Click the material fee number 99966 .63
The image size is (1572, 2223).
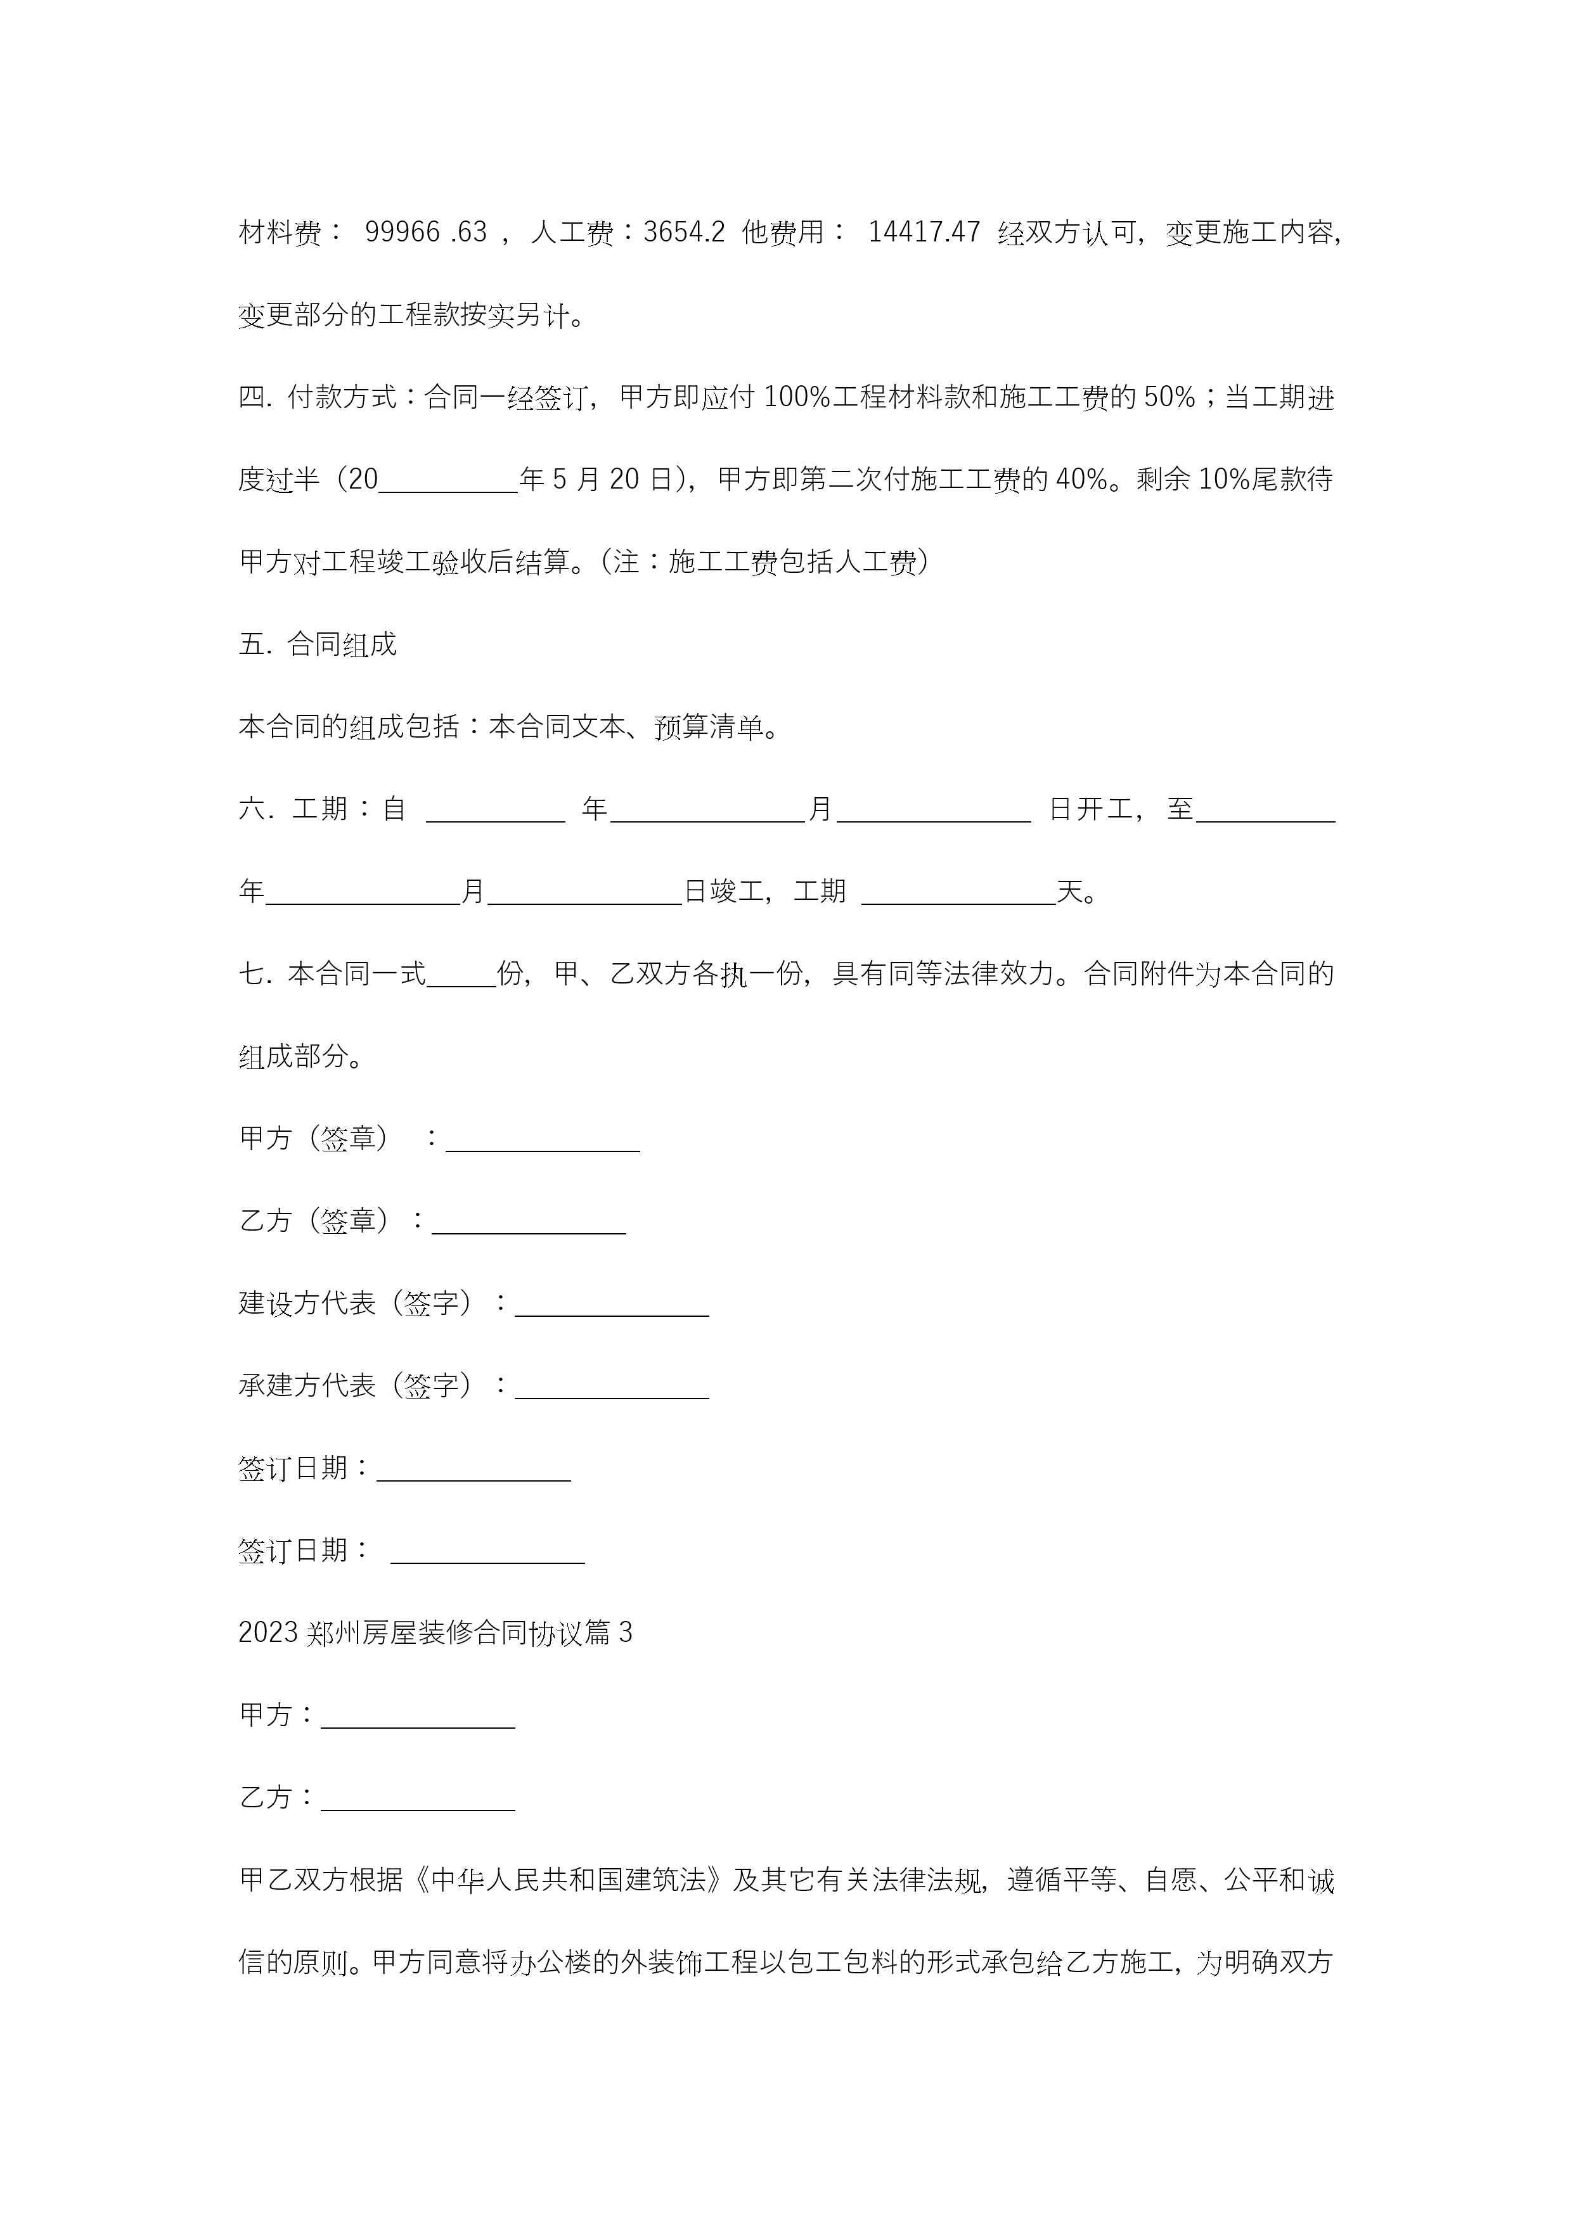pyautogui.click(x=425, y=233)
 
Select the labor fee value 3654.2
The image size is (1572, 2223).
pyautogui.click(x=684, y=233)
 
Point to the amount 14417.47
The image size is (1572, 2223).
pyautogui.click(x=924, y=233)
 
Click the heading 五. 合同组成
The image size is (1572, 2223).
pyautogui.click(x=318, y=645)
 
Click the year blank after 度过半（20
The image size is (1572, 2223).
pyautogui.click(x=448, y=481)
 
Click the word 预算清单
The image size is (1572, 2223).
pyautogui.click(x=709, y=727)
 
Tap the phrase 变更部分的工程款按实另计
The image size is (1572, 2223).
pyautogui.click(x=404, y=316)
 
